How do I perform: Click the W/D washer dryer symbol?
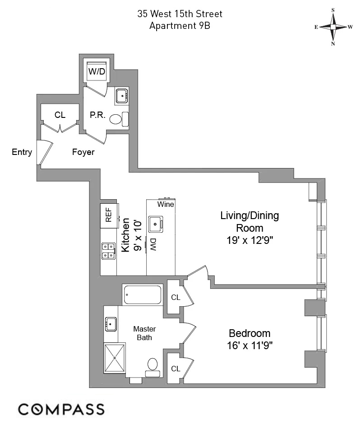(x=97, y=70)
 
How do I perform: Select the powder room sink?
(x=122, y=96)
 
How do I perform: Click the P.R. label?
(x=97, y=115)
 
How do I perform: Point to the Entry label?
(x=22, y=152)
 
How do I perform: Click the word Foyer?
(x=83, y=152)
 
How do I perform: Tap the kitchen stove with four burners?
(x=108, y=251)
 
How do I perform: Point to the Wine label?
(x=166, y=204)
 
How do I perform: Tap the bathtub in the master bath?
(x=142, y=294)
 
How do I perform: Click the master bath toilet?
(x=153, y=366)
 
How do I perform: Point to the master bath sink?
(x=111, y=323)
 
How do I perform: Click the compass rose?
(x=333, y=27)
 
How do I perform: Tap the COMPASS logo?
(x=61, y=410)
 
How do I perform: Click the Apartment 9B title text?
(x=180, y=26)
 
